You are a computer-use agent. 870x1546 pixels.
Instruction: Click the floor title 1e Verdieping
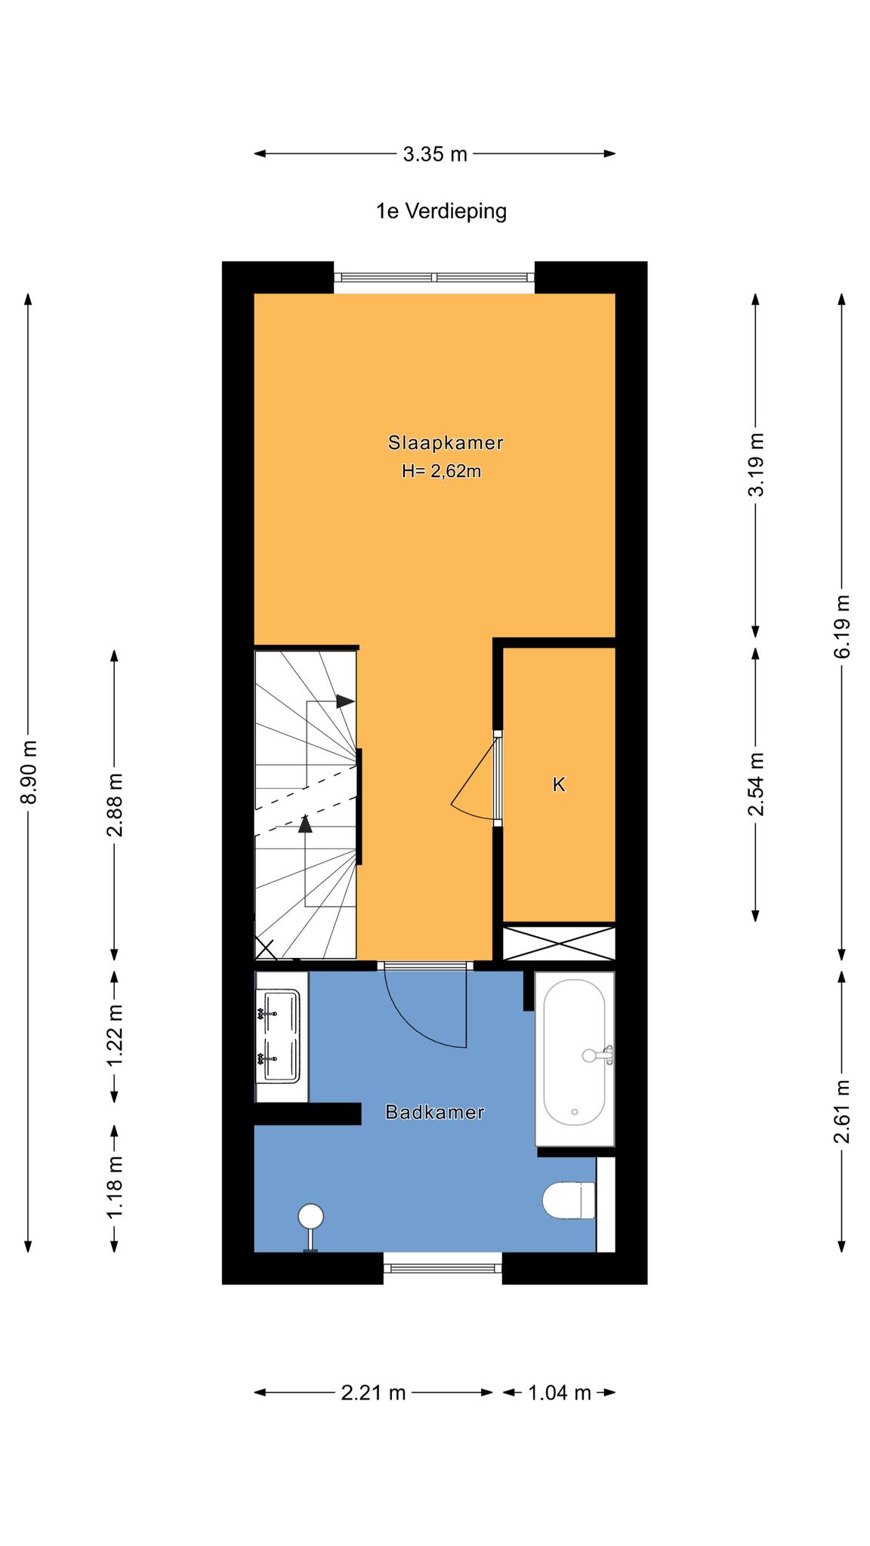(x=442, y=211)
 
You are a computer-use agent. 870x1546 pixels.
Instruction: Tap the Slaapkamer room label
(x=446, y=442)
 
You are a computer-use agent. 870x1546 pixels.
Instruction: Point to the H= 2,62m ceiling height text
(x=442, y=472)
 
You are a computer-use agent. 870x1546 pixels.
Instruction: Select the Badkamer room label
(x=434, y=1112)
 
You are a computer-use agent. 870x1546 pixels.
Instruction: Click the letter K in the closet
(x=559, y=784)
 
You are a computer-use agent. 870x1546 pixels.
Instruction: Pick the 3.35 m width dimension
(x=435, y=154)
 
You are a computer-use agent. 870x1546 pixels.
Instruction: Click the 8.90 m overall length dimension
(x=29, y=772)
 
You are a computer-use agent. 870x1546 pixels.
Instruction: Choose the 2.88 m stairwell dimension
(x=115, y=805)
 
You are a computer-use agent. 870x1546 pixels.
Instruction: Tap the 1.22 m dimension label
(x=115, y=1036)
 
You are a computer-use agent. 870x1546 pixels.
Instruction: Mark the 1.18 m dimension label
(x=115, y=1186)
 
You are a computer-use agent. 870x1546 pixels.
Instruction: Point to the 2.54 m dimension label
(x=755, y=784)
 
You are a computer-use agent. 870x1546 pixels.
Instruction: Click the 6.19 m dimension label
(x=842, y=626)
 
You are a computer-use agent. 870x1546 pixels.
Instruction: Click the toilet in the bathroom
(x=569, y=1200)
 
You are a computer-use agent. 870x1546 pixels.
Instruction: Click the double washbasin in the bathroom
(x=281, y=1036)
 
